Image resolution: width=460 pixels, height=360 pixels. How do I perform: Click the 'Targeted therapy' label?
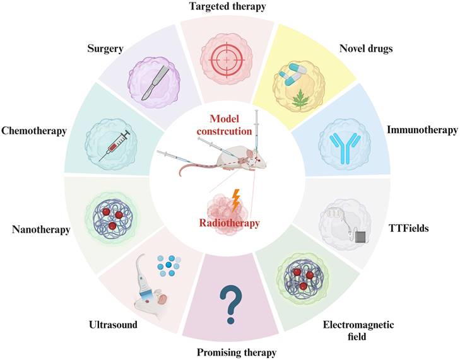tap(230, 6)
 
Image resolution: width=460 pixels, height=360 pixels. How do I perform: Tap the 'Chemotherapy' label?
tap(34, 131)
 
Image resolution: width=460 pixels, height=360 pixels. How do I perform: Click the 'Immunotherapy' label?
tap(422, 131)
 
